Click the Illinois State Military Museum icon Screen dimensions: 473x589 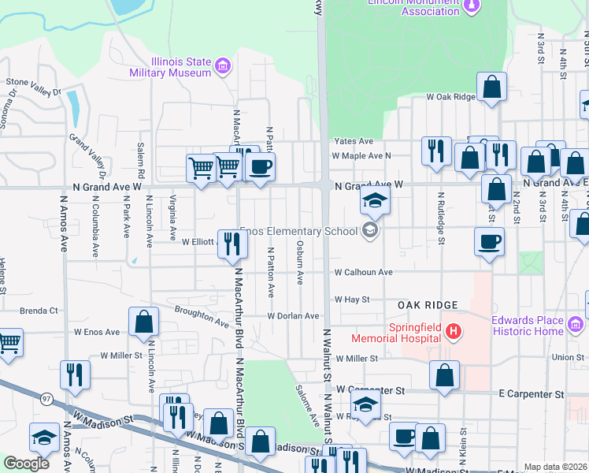pyautogui.click(x=223, y=64)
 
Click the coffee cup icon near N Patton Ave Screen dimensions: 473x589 pyautogui.click(x=260, y=166)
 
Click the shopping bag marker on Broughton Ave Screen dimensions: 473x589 pyautogui.click(x=144, y=321)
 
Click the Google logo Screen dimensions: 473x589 pyautogui.click(x=26, y=464)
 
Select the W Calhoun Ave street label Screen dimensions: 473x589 pyautogui.click(x=363, y=272)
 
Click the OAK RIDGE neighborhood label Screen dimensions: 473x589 pyautogui.click(x=428, y=305)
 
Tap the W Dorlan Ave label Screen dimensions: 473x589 pyautogui.click(x=293, y=316)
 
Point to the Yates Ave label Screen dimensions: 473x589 pyautogui.click(x=354, y=141)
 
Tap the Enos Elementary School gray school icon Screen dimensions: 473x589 pyautogui.click(x=368, y=231)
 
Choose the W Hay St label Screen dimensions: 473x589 pyautogui.click(x=352, y=300)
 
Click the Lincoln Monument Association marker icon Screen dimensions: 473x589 pyautogui.click(x=472, y=6)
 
